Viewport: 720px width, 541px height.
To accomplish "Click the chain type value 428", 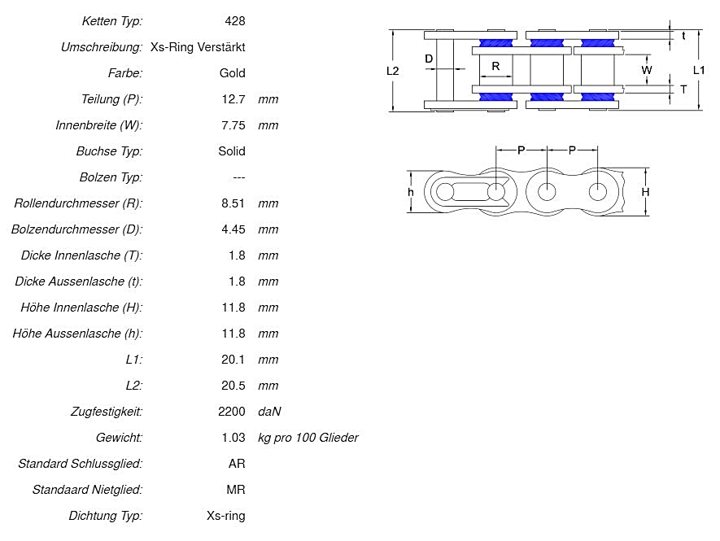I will point(234,21).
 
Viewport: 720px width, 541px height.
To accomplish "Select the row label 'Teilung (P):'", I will point(112,99).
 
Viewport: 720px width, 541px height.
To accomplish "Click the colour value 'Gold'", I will point(232,73).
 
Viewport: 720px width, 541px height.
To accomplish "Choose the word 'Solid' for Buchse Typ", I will point(231,151).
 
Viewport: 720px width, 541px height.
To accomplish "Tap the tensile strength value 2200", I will point(231,412).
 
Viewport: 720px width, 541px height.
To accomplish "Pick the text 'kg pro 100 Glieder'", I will point(308,438).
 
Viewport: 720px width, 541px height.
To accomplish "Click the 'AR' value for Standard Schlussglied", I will point(236,464).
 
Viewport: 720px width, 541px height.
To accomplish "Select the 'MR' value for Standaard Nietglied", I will point(235,490).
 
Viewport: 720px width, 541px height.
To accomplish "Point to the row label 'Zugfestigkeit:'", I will point(107,412).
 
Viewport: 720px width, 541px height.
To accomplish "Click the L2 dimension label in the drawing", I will point(392,71).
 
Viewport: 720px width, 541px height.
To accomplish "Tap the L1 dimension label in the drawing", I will point(699,70).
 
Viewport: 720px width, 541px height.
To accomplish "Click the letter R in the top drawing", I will point(495,67).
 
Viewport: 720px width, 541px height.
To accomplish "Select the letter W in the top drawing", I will point(647,70).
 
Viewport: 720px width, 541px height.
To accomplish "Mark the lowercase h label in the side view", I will point(411,192).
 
